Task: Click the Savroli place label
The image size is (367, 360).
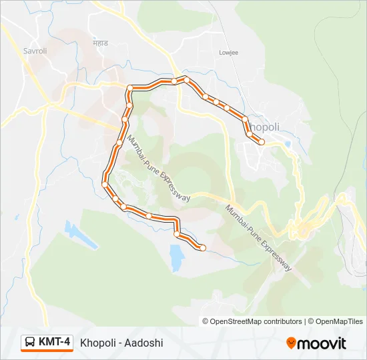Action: tap(35, 51)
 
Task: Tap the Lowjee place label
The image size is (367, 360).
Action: tap(229, 51)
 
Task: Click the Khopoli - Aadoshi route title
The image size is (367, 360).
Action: tap(121, 343)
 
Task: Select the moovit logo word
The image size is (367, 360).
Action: tap(322, 343)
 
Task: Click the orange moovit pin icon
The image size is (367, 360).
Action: tap(291, 343)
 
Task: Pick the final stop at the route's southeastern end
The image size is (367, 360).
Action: tap(203, 248)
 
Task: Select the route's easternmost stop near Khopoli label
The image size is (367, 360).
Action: tap(262, 141)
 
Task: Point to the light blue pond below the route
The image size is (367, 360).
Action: tap(176, 257)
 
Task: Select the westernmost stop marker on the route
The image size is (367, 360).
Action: tap(105, 184)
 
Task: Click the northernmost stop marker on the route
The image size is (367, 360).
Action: tap(187, 80)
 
